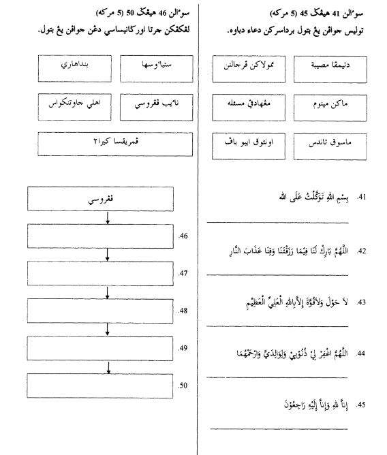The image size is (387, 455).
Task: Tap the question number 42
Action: point(362,251)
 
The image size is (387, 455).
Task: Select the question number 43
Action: point(362,302)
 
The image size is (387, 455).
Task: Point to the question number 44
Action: point(362,354)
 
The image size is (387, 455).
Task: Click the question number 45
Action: point(362,405)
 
